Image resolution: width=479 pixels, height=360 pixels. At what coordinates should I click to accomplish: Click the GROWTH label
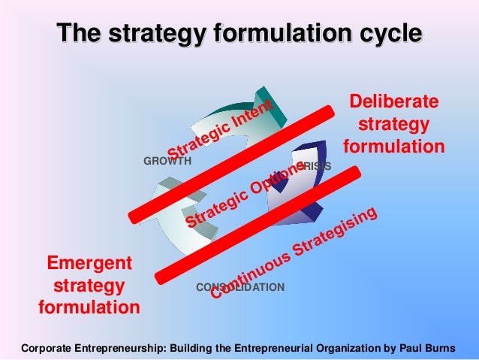pyautogui.click(x=167, y=161)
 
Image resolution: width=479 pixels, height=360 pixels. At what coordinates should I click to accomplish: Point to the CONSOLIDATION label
pyautogui.click(x=240, y=287)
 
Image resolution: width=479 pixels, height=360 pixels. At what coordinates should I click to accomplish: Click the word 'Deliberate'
pyautogui.click(x=394, y=102)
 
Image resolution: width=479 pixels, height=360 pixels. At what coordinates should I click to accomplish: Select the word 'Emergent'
pyautogui.click(x=89, y=263)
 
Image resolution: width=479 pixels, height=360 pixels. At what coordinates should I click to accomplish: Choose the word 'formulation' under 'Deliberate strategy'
pyautogui.click(x=394, y=144)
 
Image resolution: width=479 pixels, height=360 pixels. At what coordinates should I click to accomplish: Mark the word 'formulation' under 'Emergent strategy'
pyautogui.click(x=89, y=307)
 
